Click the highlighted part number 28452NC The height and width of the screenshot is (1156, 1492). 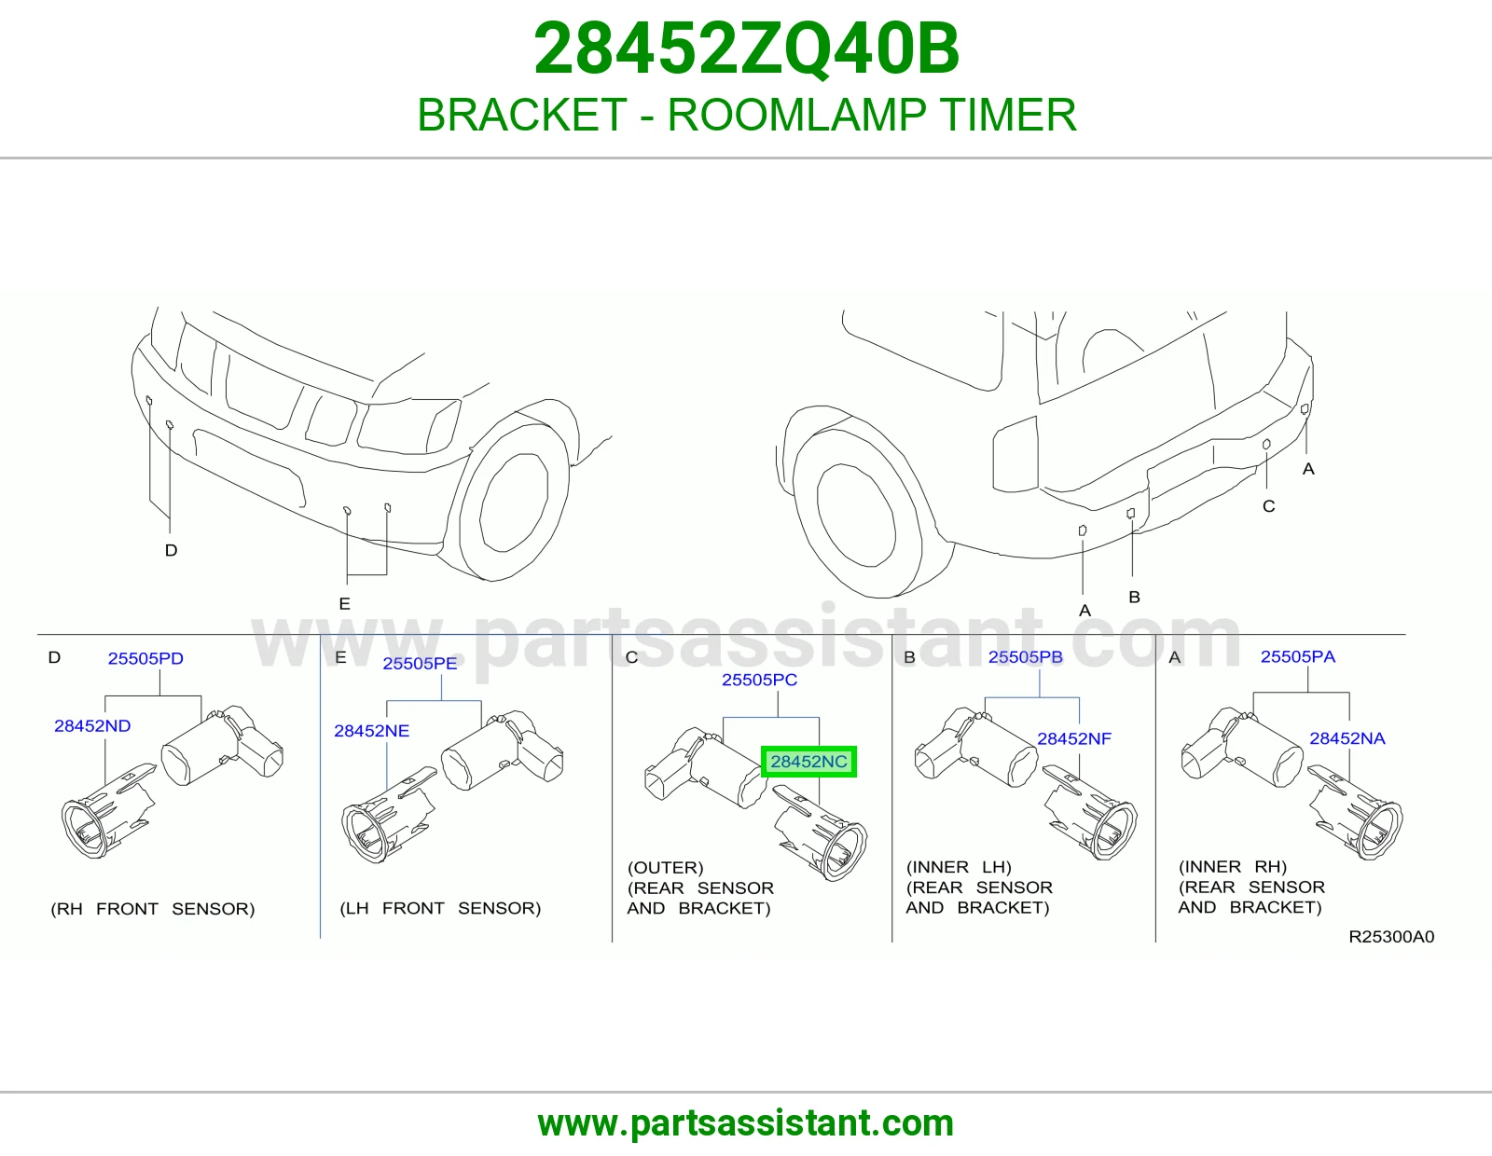[808, 762]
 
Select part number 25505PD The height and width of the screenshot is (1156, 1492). [145, 658]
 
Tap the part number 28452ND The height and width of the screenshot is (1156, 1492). [92, 725]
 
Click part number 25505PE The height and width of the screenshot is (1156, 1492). [420, 663]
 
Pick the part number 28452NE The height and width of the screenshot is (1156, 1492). [371, 730]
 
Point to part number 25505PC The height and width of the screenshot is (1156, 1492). [759, 680]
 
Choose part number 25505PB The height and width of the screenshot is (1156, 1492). [1025, 657]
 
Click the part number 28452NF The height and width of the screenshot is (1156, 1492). [1074, 738]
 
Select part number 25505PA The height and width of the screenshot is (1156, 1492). [1298, 656]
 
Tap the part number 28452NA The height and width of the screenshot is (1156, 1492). [1347, 738]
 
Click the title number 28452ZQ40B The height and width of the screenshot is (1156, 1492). [746, 48]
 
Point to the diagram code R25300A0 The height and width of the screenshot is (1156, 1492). [1391, 937]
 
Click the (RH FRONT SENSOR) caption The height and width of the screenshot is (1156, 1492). [152, 909]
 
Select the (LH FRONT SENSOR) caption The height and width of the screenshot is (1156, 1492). [440, 908]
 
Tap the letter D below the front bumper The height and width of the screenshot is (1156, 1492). [171, 550]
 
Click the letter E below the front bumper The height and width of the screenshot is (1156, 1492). [345, 603]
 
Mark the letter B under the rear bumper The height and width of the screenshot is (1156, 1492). [1134, 598]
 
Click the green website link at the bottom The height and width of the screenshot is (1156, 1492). [746, 1123]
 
